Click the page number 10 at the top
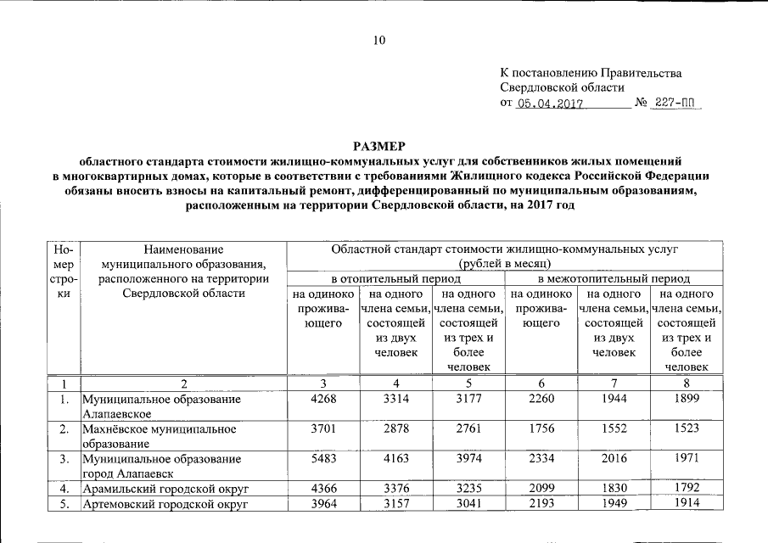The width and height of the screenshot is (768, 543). (379, 40)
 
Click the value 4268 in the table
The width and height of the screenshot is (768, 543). (323, 399)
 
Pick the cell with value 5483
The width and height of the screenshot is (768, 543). (323, 458)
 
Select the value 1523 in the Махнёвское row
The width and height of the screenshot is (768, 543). (687, 428)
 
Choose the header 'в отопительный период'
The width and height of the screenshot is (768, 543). (395, 278)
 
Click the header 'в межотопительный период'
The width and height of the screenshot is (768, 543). (614, 278)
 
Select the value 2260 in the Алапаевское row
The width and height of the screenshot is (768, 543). (541, 399)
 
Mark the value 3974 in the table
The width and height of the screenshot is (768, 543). (468, 458)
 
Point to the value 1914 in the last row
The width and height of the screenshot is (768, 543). (687, 504)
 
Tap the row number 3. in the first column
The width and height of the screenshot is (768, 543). (64, 459)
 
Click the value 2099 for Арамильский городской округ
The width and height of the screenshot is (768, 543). (541, 488)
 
